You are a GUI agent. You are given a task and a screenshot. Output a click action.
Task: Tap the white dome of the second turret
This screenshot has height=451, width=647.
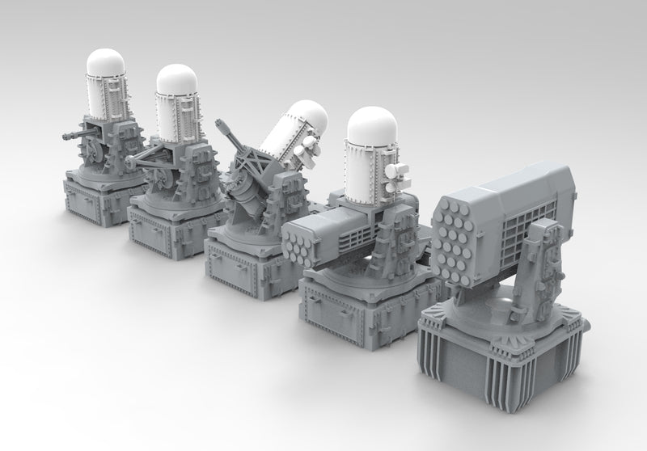(176, 78)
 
